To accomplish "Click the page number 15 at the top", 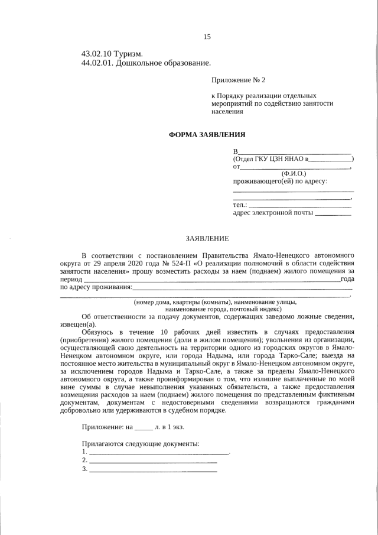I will pos(207,37).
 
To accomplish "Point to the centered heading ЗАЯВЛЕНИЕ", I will pos(207,238).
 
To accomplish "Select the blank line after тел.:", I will pos(299,205).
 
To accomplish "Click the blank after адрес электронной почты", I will pos(333,213).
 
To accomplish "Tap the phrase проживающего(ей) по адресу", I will pos(279,181).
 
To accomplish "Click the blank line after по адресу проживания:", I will pos(242,288).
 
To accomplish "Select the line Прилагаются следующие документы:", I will pos(141,444).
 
